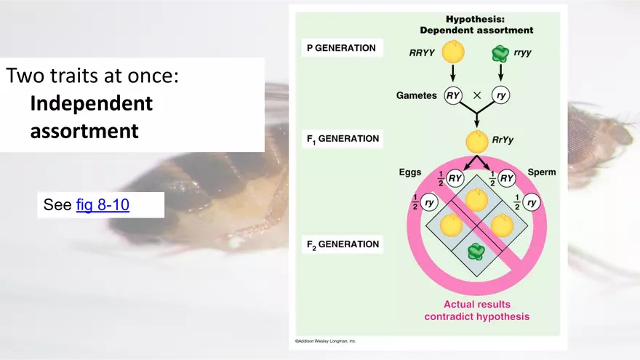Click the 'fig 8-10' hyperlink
pos(103,205)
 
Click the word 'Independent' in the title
pos(91,103)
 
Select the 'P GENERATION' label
pos(340,49)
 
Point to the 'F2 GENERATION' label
pos(342,244)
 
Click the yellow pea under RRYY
pos(452,52)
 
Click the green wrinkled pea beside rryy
pos(500,54)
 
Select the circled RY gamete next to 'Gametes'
pos(452,95)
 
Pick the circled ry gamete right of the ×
pos(500,95)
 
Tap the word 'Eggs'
pos(410,173)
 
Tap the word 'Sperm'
pos(542,172)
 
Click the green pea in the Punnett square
pos(476,252)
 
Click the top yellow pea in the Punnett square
pos(476,199)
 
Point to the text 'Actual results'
pos(476,304)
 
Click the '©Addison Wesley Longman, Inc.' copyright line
pos(326,340)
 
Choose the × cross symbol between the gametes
pos(477,95)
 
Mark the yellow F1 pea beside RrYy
pos(476,140)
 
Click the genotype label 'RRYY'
pos(423,52)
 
